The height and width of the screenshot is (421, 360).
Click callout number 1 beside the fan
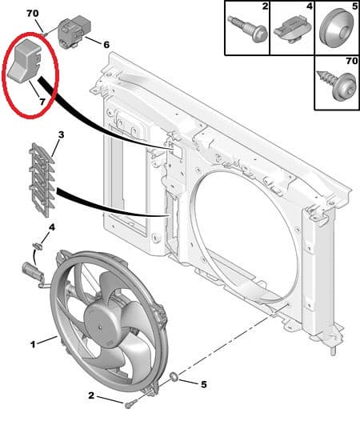(33, 344)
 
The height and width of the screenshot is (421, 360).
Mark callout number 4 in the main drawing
(52, 229)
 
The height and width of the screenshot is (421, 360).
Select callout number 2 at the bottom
(92, 395)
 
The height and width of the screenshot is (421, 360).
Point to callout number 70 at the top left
(32, 14)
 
